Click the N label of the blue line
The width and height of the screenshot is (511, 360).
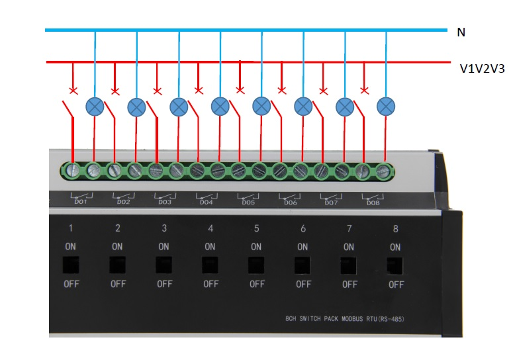point(461,32)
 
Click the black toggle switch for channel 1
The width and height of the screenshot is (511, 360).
point(71,265)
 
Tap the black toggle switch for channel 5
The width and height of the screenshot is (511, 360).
point(257,265)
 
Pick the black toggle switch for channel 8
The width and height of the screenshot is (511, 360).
point(396,265)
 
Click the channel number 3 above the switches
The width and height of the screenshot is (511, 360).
point(164,229)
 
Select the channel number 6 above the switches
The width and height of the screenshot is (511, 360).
point(303,229)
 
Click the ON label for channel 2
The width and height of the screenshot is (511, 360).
point(117,247)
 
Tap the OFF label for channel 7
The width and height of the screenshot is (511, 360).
point(349,285)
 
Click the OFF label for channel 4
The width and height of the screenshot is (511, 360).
point(210,285)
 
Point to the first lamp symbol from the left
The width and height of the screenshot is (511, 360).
point(95,106)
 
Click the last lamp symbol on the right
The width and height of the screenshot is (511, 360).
point(385,106)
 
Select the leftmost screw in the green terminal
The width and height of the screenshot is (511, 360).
point(73,171)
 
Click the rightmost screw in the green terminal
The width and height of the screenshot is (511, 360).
point(383,171)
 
